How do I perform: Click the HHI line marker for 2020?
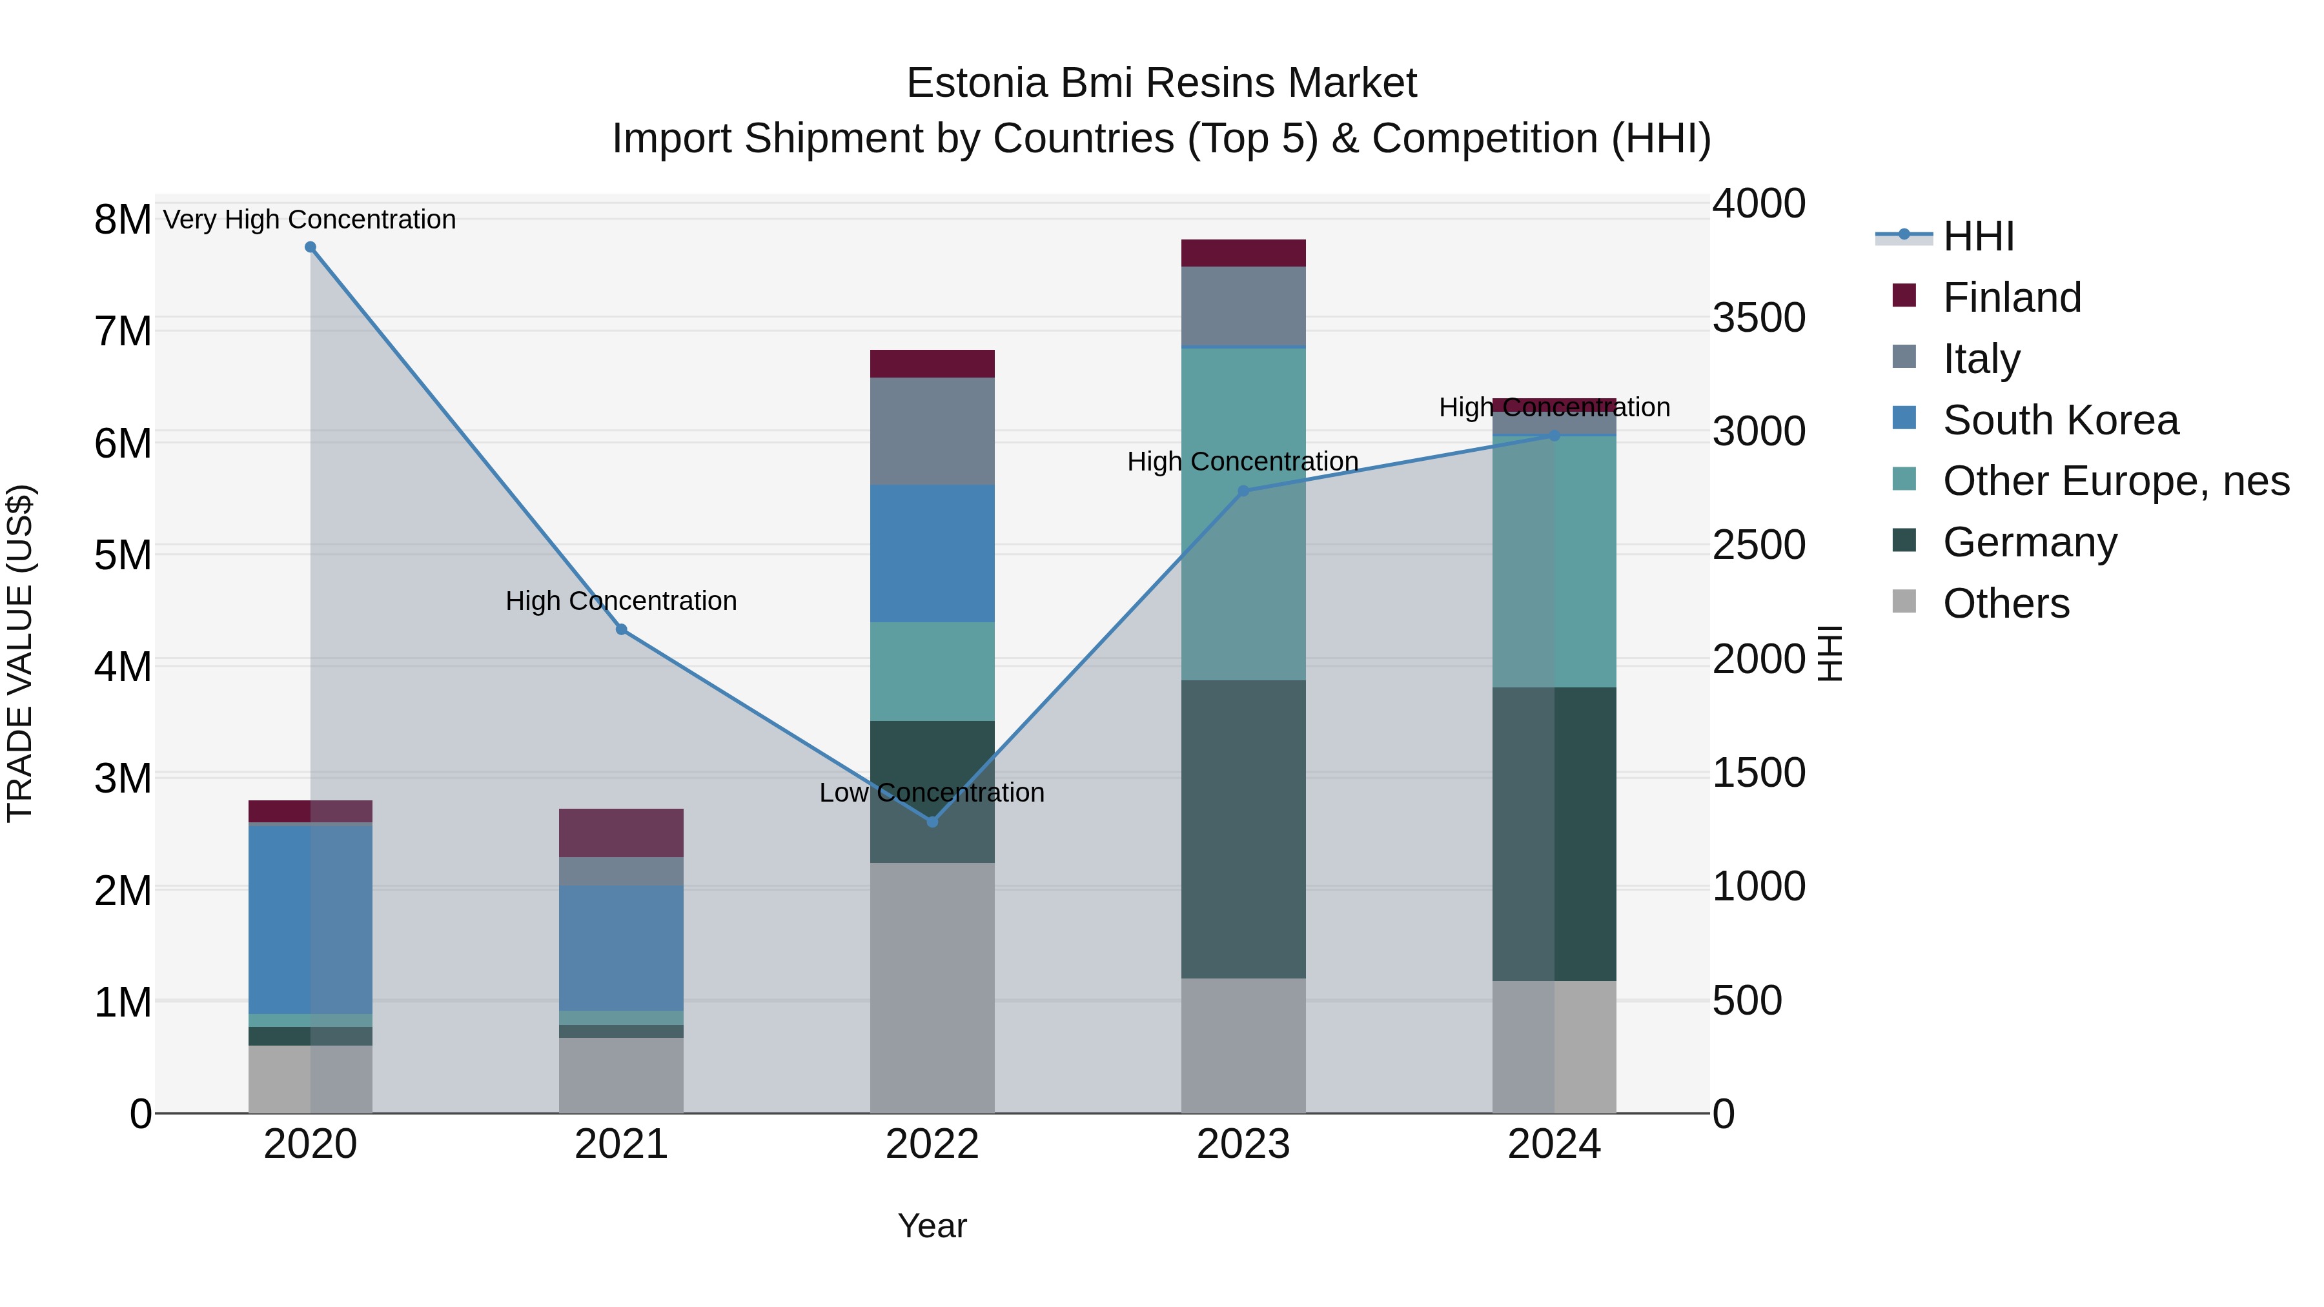tap(311, 247)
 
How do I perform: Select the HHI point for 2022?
tap(932, 822)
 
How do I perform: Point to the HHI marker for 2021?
tap(622, 629)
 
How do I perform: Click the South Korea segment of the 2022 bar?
tap(932, 553)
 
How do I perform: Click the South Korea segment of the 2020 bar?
tap(311, 918)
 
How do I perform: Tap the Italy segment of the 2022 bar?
tap(932, 431)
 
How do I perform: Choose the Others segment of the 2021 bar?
tap(622, 1075)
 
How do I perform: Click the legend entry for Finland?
tap(2012, 298)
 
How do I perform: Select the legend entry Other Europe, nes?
tap(2115, 481)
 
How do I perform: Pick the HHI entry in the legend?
tap(1979, 236)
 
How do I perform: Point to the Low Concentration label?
tap(932, 793)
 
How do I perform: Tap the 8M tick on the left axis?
tap(123, 219)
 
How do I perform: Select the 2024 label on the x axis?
tap(1554, 1144)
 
